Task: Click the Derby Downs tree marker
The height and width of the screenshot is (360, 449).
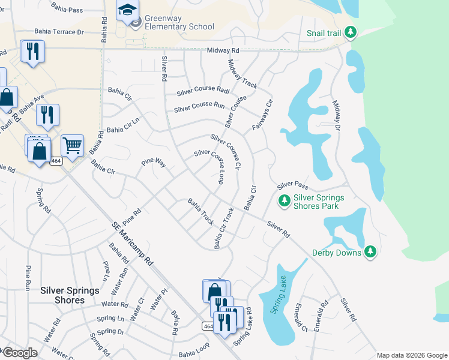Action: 370,252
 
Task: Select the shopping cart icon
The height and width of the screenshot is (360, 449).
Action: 71,145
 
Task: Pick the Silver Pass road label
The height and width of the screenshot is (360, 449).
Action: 292,185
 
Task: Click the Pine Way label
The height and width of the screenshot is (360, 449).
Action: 153,162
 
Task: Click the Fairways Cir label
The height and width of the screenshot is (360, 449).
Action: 262,115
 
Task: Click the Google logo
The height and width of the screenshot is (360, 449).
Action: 20,353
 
